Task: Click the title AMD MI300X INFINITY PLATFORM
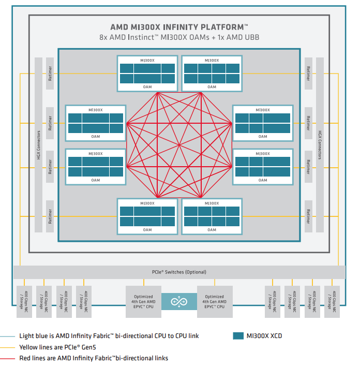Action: (x=179, y=26)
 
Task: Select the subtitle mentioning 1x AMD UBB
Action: (x=179, y=37)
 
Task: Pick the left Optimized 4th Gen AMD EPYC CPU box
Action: (x=143, y=301)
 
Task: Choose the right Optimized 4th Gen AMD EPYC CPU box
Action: (x=215, y=301)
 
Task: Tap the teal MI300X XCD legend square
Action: (x=238, y=336)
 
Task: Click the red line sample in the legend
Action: (x=8, y=358)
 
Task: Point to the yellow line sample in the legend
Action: (x=8, y=347)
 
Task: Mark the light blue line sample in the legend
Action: (x=8, y=336)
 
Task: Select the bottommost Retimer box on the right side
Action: (x=308, y=214)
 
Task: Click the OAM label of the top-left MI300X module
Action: (x=147, y=87)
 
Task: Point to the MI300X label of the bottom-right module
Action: (x=212, y=203)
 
